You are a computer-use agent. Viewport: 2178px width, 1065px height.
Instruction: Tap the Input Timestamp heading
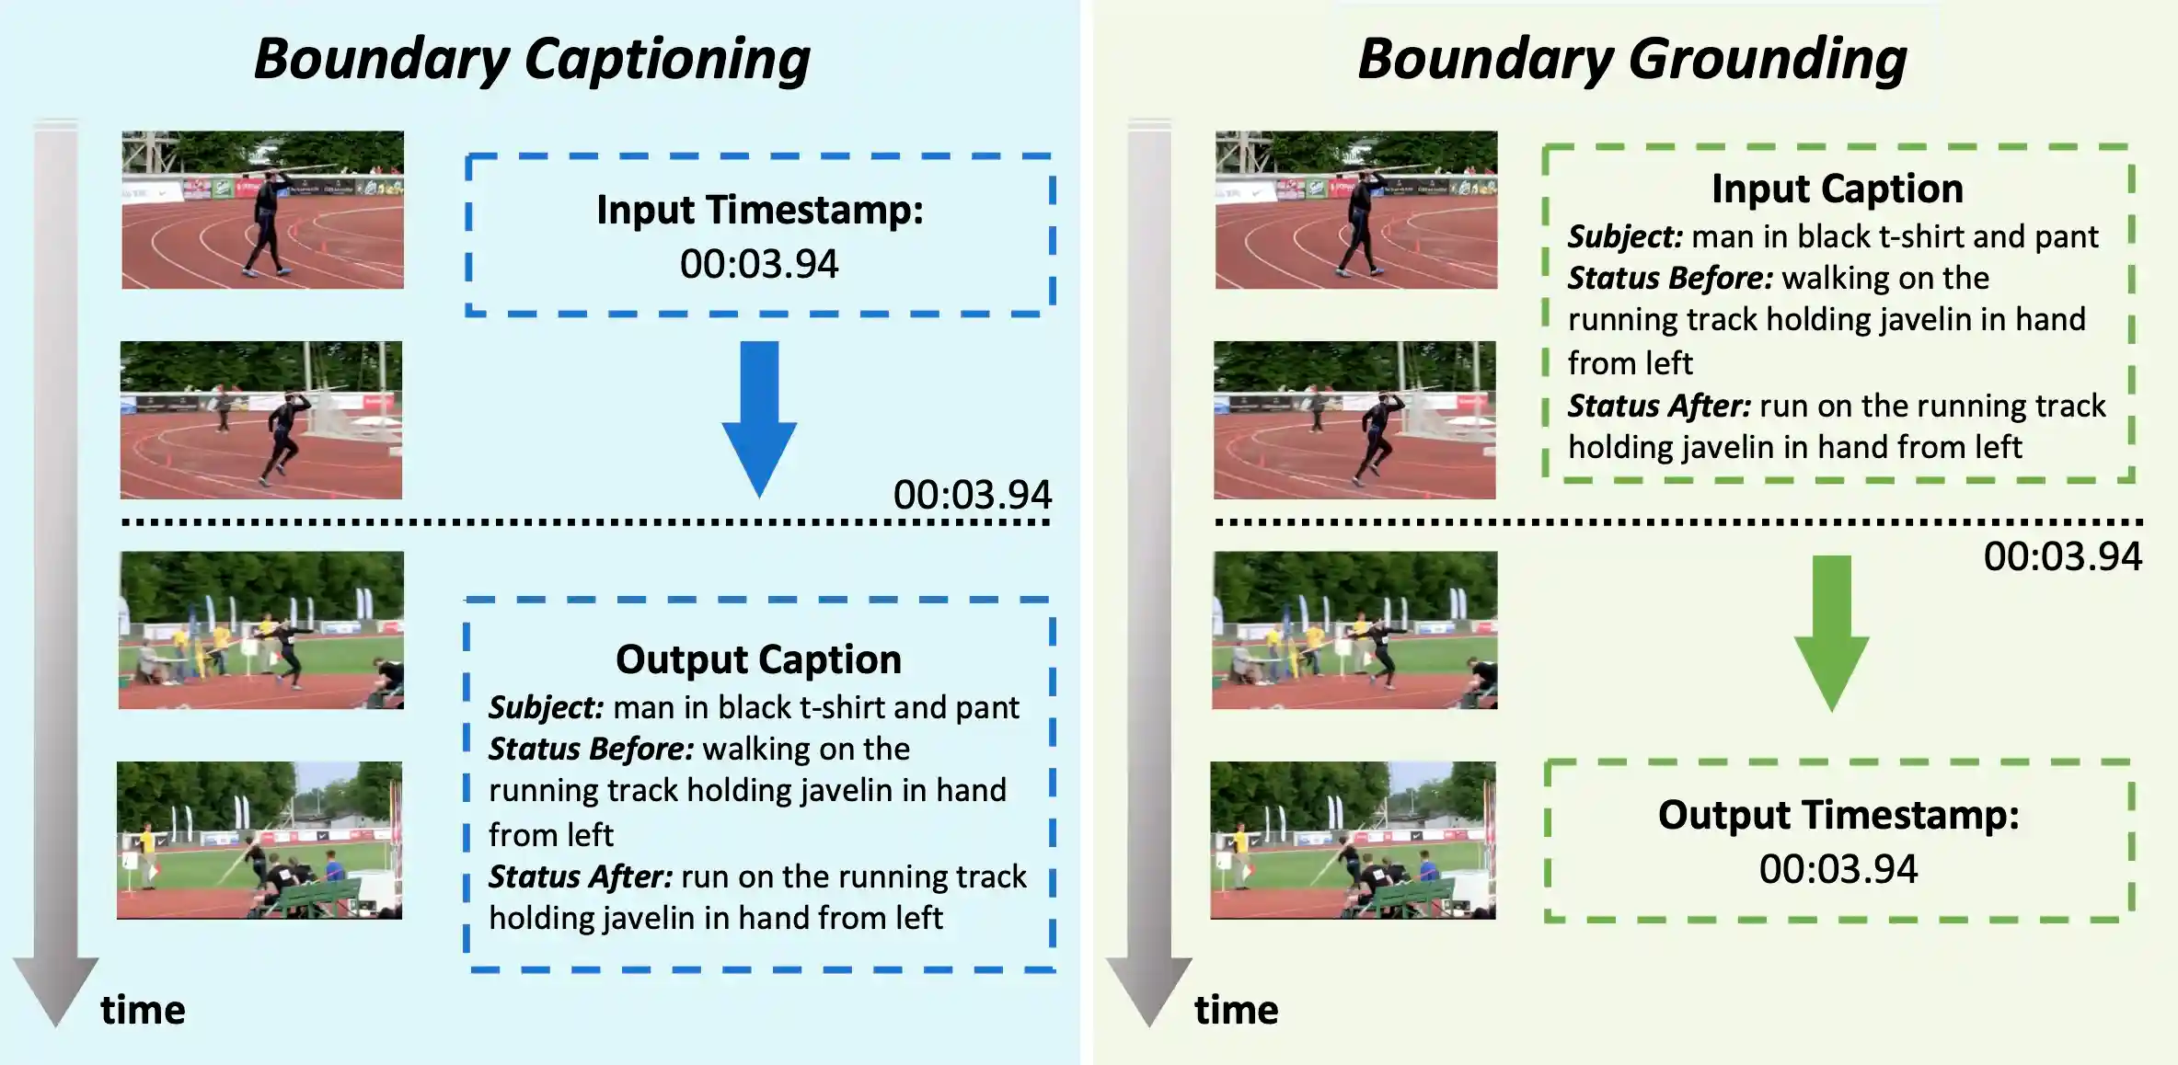pyautogui.click(x=759, y=210)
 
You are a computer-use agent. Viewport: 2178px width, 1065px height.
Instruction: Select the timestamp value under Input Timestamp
pyautogui.click(x=759, y=265)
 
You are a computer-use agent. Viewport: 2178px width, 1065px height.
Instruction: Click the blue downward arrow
pyautogui.click(x=759, y=419)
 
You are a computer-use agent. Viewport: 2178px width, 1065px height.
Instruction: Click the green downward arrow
pyautogui.click(x=1832, y=634)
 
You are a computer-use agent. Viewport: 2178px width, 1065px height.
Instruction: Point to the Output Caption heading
pyautogui.click(x=758, y=659)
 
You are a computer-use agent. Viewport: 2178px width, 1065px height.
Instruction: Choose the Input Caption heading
pyautogui.click(x=1838, y=189)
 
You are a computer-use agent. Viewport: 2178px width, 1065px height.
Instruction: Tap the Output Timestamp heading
pyautogui.click(x=1838, y=816)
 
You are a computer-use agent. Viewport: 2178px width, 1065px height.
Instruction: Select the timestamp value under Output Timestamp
pyautogui.click(x=1838, y=869)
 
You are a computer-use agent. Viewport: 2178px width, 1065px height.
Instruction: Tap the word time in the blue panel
pyautogui.click(x=143, y=1010)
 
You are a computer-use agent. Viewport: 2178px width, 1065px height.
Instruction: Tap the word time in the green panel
pyautogui.click(x=1236, y=1010)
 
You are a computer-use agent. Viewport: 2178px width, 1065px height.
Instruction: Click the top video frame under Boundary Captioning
pyautogui.click(x=263, y=210)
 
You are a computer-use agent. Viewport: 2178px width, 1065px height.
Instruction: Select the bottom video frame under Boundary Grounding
pyautogui.click(x=1353, y=841)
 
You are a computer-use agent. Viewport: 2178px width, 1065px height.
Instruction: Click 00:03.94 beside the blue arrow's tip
pyautogui.click(x=972, y=495)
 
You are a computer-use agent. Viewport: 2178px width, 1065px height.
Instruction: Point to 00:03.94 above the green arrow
pyautogui.click(x=2062, y=556)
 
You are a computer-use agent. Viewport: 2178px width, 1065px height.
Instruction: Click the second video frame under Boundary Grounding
pyautogui.click(x=1354, y=420)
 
